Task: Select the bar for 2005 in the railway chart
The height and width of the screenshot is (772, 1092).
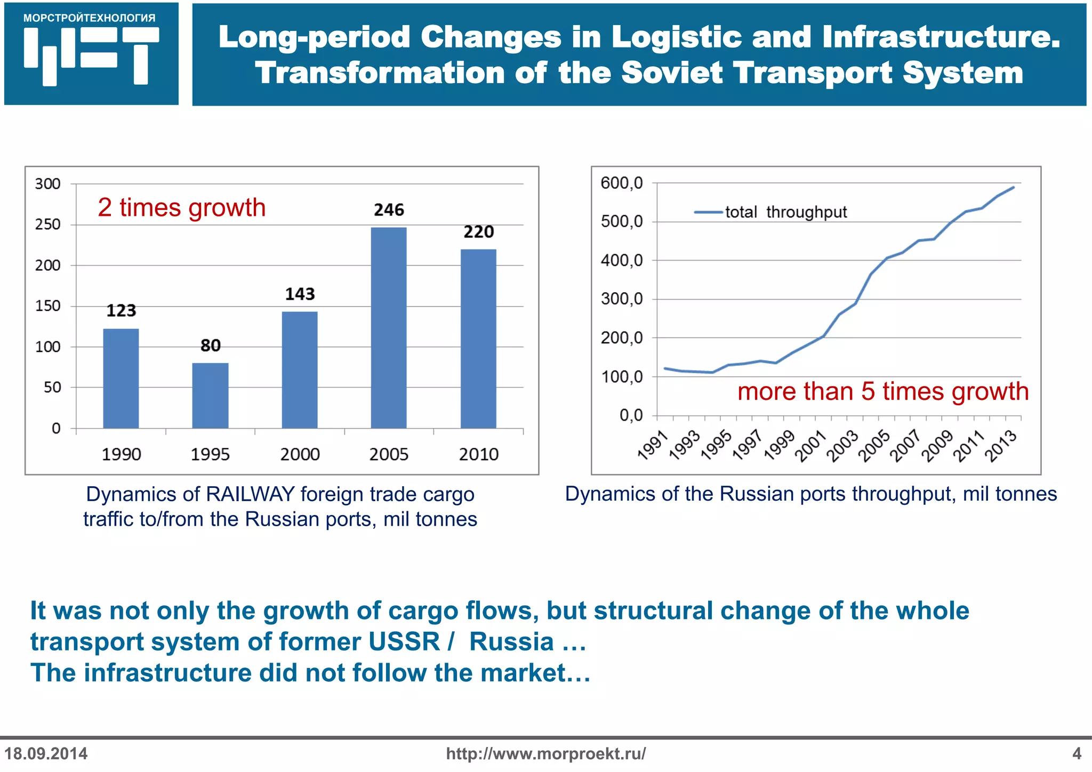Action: point(389,328)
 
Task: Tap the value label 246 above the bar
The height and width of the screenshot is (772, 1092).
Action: point(389,210)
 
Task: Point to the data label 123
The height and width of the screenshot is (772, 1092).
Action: point(121,311)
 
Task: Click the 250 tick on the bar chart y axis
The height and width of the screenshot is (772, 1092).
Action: point(48,224)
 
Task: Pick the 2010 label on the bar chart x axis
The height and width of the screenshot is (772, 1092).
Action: point(478,454)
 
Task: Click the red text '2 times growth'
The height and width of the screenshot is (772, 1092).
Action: point(182,207)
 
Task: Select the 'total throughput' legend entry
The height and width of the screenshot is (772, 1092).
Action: point(785,212)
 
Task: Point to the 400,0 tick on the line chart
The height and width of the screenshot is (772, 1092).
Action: point(622,261)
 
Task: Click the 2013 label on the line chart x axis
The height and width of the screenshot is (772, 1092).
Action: point(1001,446)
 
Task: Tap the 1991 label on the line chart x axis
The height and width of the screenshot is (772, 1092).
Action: point(653,446)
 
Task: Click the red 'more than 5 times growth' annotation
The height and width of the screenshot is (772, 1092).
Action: point(883,391)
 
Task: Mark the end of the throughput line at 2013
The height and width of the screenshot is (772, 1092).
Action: point(1013,188)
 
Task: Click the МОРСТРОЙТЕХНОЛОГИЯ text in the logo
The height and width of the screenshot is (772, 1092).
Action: point(90,18)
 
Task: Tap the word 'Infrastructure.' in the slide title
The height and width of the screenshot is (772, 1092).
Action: point(941,37)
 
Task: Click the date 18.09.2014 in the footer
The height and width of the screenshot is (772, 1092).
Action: point(46,753)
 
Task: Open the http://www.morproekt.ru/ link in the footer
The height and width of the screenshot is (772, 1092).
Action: point(545,753)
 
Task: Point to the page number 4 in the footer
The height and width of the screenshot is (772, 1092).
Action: point(1077,753)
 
